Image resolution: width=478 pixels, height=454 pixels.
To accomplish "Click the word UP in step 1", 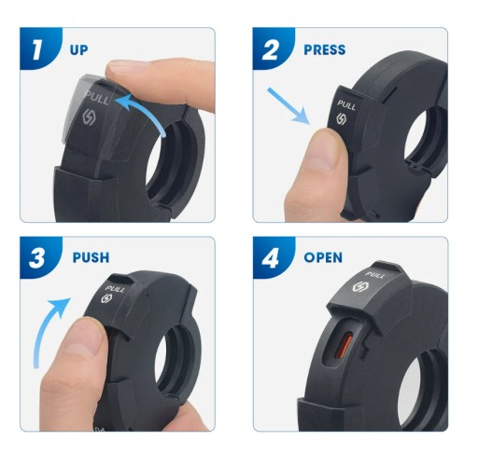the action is point(79,49).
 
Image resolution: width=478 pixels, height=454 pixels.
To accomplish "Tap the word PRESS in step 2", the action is point(325,49).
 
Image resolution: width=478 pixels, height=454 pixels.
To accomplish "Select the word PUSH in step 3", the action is point(91,257).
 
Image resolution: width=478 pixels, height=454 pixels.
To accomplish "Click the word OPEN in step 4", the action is point(323,257).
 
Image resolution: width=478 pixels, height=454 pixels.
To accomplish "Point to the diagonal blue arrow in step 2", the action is point(288,106).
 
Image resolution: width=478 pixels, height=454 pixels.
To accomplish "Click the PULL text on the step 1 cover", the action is point(97,98).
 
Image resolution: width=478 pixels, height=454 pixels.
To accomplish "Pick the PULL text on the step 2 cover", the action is point(346,104).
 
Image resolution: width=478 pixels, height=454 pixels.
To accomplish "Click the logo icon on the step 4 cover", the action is point(358,287).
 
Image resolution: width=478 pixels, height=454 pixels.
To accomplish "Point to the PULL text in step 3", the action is point(115,289).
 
